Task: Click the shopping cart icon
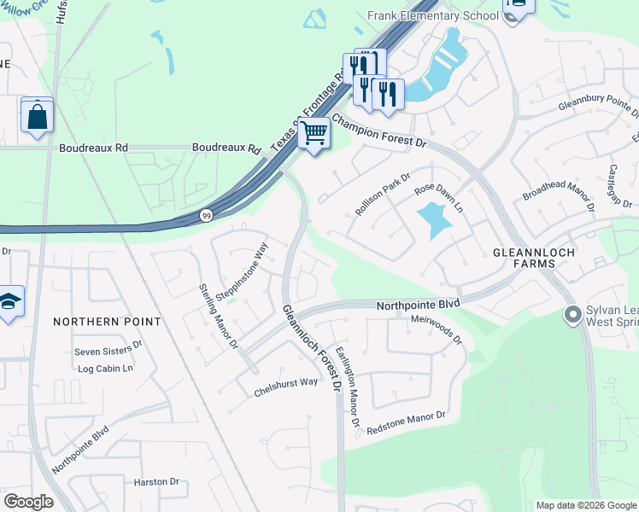pos(314,134)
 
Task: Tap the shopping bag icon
pos(38,117)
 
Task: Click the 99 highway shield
pos(206,216)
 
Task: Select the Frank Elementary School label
pos(432,15)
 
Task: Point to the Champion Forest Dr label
pos(378,131)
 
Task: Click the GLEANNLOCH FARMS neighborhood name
pos(525,258)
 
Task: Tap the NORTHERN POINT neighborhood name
pos(107,322)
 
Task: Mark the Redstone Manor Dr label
pos(406,423)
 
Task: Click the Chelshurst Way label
pos(285,388)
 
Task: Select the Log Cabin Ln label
pos(105,369)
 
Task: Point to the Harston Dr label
pos(156,482)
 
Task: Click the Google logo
pos(28,502)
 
